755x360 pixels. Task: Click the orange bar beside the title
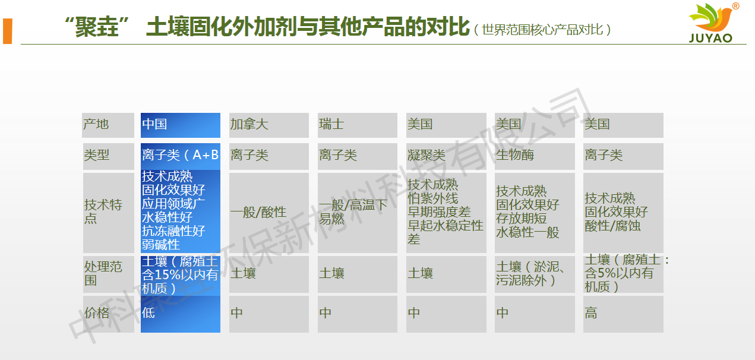click(x=7, y=31)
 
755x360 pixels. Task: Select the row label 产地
click(x=108, y=125)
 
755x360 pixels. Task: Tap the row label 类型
click(x=109, y=156)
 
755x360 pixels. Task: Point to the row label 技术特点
click(x=109, y=213)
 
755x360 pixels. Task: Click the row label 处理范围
click(x=109, y=274)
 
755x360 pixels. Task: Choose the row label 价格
click(x=109, y=314)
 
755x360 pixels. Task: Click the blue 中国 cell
click(x=181, y=125)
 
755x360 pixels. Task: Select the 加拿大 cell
click(x=269, y=125)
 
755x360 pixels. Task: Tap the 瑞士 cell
click(x=357, y=125)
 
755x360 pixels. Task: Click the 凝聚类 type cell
click(x=446, y=156)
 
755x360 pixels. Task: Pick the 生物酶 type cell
click(x=535, y=156)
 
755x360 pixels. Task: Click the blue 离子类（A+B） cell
click(x=181, y=156)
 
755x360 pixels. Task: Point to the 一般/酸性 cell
click(x=269, y=213)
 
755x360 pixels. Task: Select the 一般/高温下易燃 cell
click(x=357, y=213)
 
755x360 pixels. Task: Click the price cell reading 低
click(x=181, y=314)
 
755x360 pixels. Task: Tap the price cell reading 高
click(x=623, y=314)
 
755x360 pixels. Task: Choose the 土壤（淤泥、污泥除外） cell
click(x=535, y=274)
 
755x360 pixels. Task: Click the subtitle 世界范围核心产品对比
click(x=542, y=30)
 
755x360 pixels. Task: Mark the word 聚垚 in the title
click(x=97, y=27)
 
